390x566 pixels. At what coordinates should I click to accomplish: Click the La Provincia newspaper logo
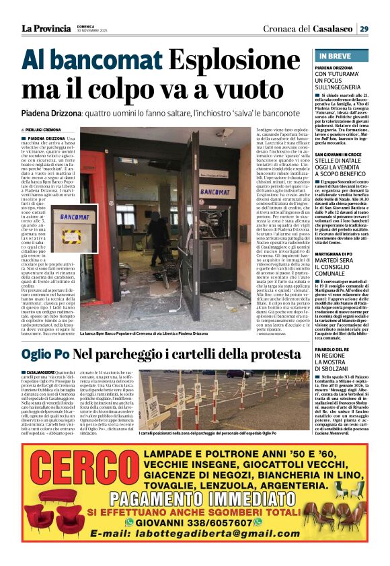click(46, 28)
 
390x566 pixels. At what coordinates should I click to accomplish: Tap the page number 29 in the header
click(363, 28)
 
